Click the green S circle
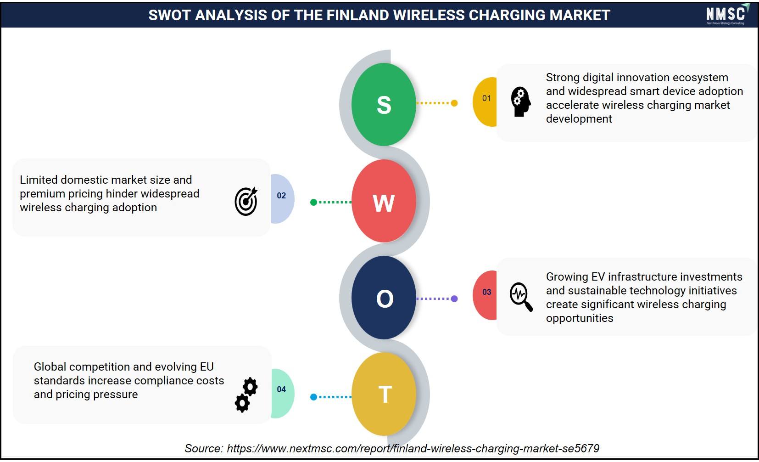click(x=384, y=104)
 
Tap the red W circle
click(x=384, y=201)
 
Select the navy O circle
click(x=384, y=298)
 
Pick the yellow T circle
click(x=384, y=394)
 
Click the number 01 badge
click(x=485, y=102)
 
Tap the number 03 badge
click(x=485, y=295)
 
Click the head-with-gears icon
click(x=521, y=102)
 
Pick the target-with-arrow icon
click(x=246, y=201)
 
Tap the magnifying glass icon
click(x=521, y=297)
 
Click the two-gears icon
click(x=246, y=395)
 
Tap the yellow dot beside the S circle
click(x=454, y=103)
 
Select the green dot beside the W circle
click(x=314, y=203)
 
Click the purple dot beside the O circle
click(x=454, y=299)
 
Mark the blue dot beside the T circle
click(x=314, y=397)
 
